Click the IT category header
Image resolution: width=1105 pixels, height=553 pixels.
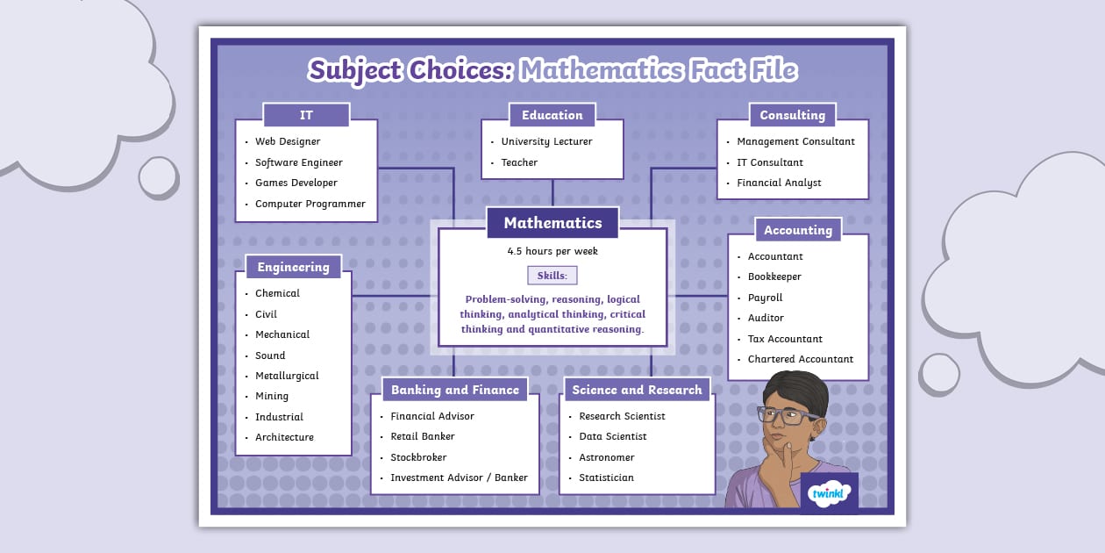(x=306, y=115)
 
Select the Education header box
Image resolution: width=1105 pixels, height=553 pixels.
(x=552, y=115)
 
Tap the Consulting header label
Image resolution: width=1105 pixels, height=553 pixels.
(x=792, y=115)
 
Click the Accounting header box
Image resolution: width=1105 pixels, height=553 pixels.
(x=797, y=230)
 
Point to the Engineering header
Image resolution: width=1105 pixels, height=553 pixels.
(x=293, y=267)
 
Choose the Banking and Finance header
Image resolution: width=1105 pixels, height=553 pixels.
(x=454, y=390)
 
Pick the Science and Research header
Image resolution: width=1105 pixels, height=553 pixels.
(x=637, y=390)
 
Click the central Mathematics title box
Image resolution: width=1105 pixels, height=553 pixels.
(x=552, y=223)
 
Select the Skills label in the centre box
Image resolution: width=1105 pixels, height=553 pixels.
(x=552, y=276)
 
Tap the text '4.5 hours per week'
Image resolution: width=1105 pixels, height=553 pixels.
(x=552, y=251)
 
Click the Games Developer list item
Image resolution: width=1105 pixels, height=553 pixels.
(x=296, y=183)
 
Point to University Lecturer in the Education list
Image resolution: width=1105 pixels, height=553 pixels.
(x=546, y=141)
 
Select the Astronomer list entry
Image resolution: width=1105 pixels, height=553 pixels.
(x=606, y=457)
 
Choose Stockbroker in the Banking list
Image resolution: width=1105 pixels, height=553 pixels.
(x=418, y=457)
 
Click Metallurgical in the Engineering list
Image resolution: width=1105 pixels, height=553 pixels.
(x=287, y=376)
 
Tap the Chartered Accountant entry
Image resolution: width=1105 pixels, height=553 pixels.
(x=800, y=359)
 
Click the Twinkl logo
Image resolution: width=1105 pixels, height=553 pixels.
(x=829, y=493)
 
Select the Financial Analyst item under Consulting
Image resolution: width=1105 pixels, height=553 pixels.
(x=779, y=183)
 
